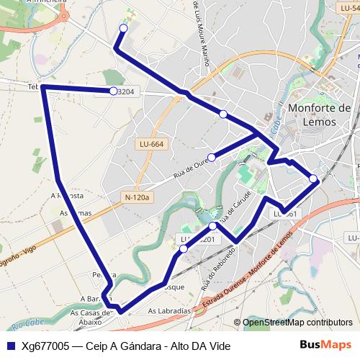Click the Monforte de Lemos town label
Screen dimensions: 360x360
coord(319,115)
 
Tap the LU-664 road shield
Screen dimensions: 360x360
coord(151,144)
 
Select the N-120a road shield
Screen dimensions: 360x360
coord(135,197)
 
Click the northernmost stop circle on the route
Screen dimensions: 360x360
coord(123,28)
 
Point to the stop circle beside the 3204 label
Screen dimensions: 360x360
coord(114,91)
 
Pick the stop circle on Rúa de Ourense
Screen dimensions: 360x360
coord(211,158)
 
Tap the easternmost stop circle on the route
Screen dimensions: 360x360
coord(313,179)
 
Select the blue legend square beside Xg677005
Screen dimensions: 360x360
coord(10,346)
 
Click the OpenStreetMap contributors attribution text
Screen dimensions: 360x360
coord(297,323)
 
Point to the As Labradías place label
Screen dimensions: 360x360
coord(169,311)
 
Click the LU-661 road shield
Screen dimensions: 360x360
coord(284,214)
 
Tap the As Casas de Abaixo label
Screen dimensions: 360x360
coord(89,318)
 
